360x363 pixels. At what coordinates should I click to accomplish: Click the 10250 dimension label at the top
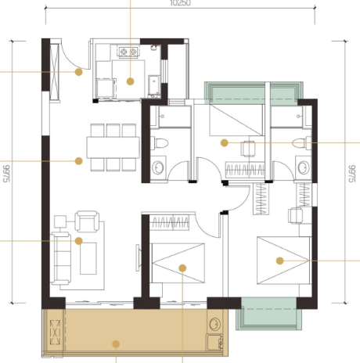click(180, 3)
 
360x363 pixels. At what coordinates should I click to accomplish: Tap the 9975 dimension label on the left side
click(6, 174)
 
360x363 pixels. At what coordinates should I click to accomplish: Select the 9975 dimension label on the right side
click(352, 174)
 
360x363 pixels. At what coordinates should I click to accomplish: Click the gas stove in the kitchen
click(128, 52)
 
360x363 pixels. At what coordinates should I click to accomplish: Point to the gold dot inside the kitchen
click(131, 81)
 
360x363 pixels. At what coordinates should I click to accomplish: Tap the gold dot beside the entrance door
click(79, 72)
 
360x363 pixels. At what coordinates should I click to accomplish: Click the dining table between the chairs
click(113, 147)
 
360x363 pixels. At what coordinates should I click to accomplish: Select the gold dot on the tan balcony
click(116, 344)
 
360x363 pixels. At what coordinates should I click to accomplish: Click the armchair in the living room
click(87, 221)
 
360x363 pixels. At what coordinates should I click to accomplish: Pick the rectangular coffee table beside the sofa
click(88, 258)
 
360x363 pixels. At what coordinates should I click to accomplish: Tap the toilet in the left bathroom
click(160, 143)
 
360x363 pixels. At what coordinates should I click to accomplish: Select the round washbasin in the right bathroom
click(304, 167)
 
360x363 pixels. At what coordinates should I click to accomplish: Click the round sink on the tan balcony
click(214, 324)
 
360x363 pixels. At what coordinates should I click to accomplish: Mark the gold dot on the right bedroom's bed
click(280, 261)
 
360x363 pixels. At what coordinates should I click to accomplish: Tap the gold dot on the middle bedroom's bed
click(182, 268)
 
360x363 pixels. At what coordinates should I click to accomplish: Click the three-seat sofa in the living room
click(60, 258)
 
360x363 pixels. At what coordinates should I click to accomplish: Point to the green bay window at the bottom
click(269, 314)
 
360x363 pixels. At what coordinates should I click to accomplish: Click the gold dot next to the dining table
click(79, 161)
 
